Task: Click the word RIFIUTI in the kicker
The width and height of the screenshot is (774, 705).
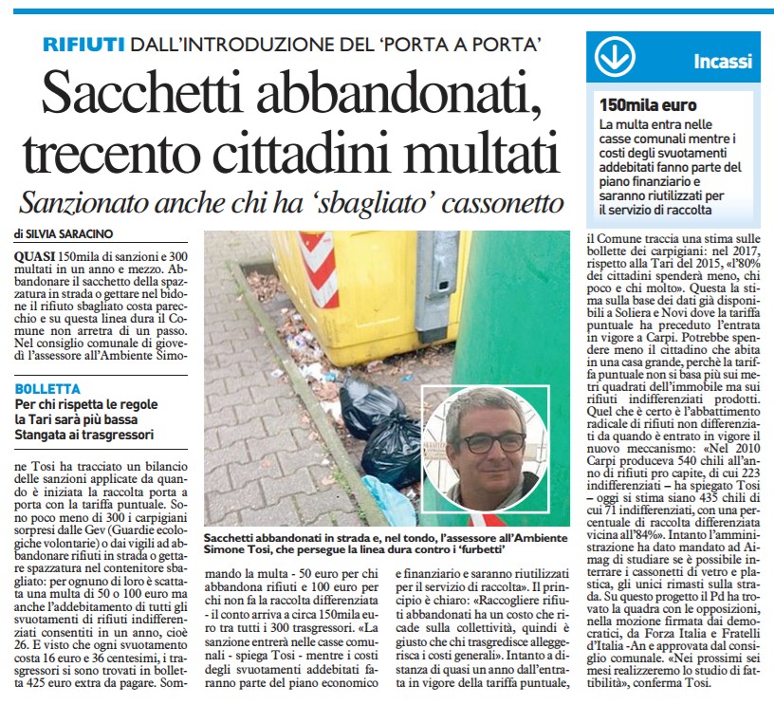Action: tap(83, 44)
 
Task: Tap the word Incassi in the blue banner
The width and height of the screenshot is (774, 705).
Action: tap(723, 62)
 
